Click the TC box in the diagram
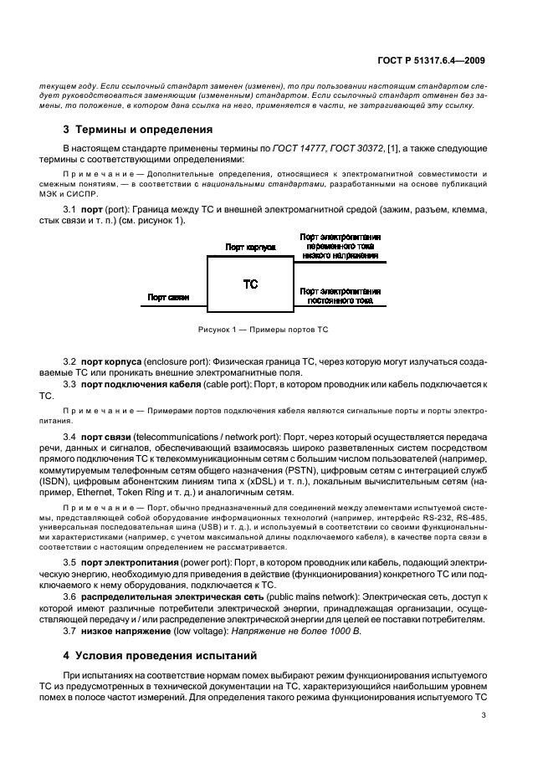250,284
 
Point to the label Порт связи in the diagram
168,297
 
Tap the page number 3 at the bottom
484,715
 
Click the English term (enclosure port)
176,360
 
